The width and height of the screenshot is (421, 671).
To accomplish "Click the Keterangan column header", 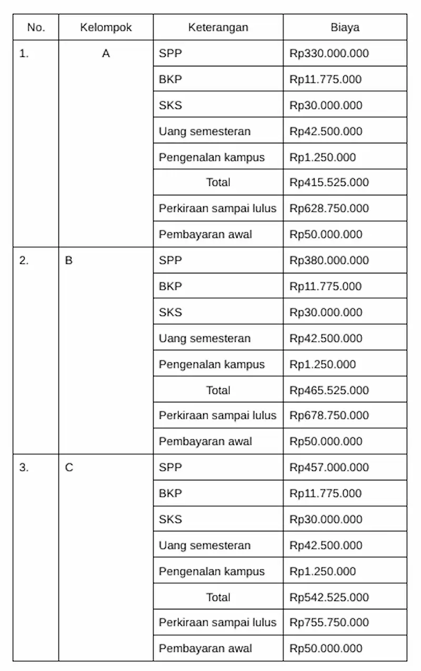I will [x=218, y=27].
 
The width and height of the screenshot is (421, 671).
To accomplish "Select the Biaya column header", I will [x=345, y=27].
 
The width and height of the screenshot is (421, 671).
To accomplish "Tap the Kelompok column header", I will [x=106, y=27].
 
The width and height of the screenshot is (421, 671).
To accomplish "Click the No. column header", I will [x=36, y=27].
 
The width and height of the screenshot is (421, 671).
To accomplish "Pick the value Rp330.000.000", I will [x=329, y=53].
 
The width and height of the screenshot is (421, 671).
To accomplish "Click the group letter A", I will [x=106, y=53].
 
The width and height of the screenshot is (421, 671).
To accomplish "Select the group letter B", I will [x=69, y=260].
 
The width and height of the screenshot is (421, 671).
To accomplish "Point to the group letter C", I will [x=69, y=467].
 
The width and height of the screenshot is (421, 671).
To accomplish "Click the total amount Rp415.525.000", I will [x=329, y=182].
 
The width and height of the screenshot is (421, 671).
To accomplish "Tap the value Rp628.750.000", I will [x=329, y=209].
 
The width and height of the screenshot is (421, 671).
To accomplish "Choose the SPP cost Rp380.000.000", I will [x=329, y=260].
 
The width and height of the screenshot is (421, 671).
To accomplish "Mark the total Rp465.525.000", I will [x=329, y=390].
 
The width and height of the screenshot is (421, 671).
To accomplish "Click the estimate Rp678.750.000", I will [x=329, y=416].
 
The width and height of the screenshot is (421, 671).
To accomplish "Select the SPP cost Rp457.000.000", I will [x=329, y=467].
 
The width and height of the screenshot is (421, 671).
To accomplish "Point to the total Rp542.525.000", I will [x=329, y=597].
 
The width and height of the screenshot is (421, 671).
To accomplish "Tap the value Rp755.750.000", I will [x=329, y=623].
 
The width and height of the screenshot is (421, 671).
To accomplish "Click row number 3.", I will [x=24, y=467].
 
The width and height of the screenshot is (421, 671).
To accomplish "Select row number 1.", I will [x=24, y=53].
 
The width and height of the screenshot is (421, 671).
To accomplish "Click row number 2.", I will [x=24, y=260].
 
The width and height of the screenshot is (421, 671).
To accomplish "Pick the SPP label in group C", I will [x=170, y=467].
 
